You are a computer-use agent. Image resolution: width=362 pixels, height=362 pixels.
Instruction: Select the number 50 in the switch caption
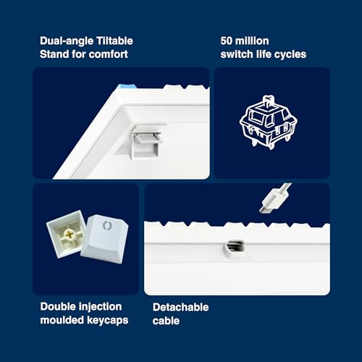point(226,41)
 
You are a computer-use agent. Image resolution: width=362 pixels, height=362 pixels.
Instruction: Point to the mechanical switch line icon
point(268,122)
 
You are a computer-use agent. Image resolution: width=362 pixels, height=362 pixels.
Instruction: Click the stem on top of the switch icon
point(268,101)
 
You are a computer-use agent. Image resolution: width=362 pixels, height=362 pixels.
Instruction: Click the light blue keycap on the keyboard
point(127,86)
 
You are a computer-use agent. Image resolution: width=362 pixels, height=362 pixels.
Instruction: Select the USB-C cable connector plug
point(273,199)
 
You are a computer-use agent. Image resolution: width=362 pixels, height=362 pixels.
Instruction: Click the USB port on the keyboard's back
point(235,246)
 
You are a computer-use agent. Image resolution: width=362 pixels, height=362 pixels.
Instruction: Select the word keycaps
point(108,321)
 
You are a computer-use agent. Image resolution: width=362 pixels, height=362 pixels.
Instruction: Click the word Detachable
point(181,307)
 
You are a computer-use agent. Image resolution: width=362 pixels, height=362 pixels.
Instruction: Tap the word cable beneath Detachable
point(166,321)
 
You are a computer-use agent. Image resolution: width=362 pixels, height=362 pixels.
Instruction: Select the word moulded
point(62,320)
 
